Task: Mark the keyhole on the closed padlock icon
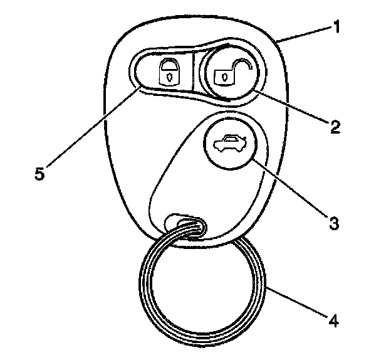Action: coord(167,77)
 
